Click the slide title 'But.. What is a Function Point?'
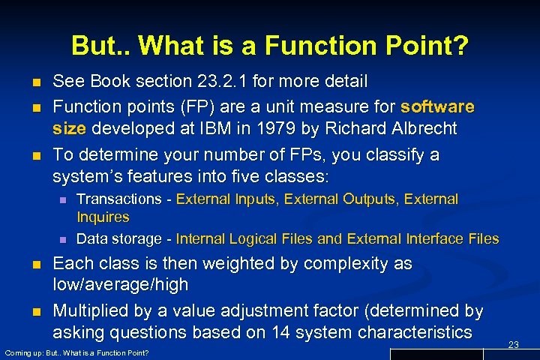point(270,46)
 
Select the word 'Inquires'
point(103,217)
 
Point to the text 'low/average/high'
point(121,286)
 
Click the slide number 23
point(514,344)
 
